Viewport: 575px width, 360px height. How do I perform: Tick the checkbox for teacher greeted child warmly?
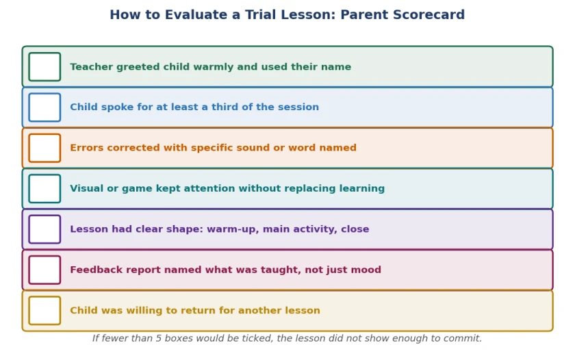click(44, 66)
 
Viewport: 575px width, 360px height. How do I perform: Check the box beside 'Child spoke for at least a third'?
click(44, 107)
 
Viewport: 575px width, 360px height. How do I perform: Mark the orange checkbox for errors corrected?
click(44, 148)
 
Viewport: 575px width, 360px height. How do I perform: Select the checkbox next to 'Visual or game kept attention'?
click(44, 189)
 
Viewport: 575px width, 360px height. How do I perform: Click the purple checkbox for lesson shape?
click(44, 229)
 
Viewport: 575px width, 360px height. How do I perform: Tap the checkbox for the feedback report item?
click(44, 270)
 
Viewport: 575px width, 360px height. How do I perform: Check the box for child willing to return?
click(44, 311)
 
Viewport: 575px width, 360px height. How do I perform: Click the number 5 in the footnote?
click(158, 338)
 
